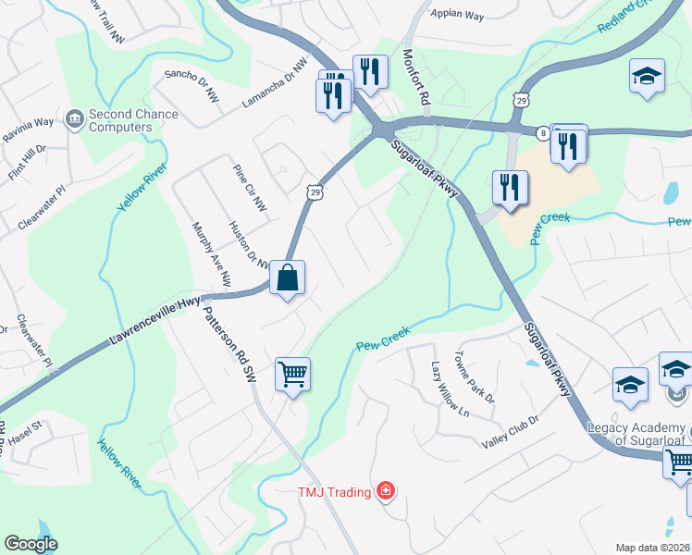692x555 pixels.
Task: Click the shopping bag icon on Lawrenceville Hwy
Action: click(x=287, y=277)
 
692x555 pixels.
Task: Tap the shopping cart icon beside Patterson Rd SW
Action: click(x=292, y=375)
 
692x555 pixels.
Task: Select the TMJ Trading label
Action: click(x=333, y=491)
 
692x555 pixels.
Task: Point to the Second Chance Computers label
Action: click(x=133, y=120)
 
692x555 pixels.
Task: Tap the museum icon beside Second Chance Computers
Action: click(x=74, y=118)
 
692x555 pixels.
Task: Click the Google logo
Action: click(x=31, y=544)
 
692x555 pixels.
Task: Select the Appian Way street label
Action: click(x=458, y=15)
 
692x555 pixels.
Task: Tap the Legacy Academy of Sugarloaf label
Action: click(x=638, y=434)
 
